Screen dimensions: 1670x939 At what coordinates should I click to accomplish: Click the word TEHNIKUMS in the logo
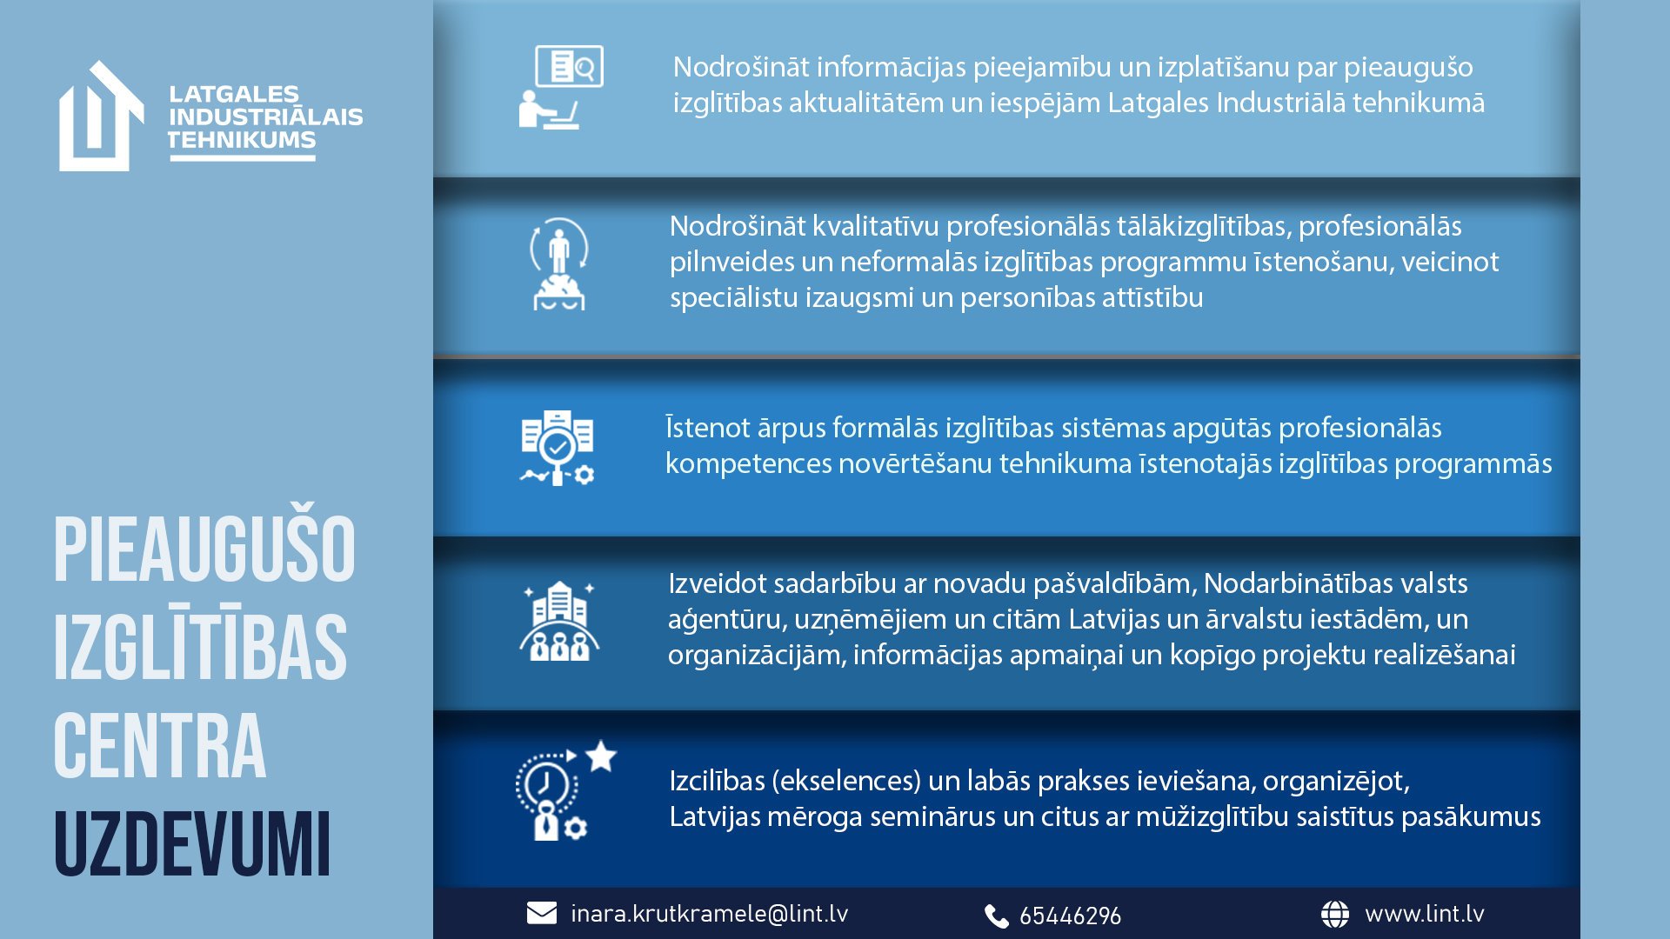click(242, 140)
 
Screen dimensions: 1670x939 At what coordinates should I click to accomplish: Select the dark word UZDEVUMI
click(192, 844)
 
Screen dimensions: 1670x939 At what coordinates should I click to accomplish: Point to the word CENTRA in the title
click(160, 746)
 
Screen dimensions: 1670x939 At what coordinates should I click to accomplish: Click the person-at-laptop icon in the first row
click(561, 87)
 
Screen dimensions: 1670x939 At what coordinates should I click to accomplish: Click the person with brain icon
click(559, 263)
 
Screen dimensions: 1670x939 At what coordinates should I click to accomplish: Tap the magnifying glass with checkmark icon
click(558, 448)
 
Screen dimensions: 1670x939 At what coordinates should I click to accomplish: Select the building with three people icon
click(559, 621)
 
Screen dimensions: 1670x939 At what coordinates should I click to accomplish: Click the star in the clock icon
click(601, 756)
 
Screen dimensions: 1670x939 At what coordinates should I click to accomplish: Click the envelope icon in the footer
click(542, 913)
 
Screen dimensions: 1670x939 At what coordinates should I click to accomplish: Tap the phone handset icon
click(997, 916)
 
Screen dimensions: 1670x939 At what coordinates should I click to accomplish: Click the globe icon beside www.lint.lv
click(1335, 914)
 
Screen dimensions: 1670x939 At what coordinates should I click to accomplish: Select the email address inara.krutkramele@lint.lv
click(709, 914)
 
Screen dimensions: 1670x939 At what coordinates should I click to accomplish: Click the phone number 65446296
click(1070, 916)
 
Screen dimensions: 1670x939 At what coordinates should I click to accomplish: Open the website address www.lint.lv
click(1425, 914)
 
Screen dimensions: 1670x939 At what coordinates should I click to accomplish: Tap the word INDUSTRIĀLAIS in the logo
click(265, 117)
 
